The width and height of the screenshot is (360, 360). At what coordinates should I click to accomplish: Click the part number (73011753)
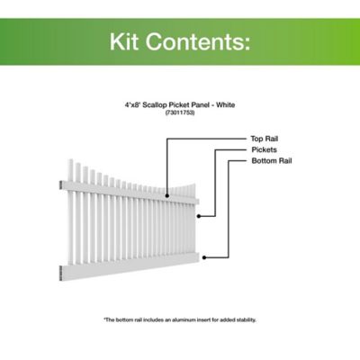point(180,112)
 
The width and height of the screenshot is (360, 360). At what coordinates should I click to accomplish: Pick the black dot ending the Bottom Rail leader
point(205,256)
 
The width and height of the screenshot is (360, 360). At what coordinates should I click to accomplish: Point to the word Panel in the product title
point(203,104)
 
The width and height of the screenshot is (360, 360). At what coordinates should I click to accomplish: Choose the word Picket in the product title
point(184,104)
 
